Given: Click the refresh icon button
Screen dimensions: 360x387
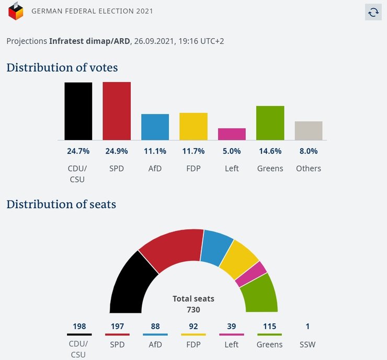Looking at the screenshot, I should tap(373, 13).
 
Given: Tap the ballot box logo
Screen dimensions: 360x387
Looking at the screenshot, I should tap(16, 11).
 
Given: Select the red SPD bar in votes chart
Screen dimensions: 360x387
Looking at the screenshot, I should tap(117, 111).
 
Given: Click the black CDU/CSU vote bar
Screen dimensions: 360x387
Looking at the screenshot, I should tap(78, 111).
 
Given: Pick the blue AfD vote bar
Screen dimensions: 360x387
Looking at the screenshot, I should tap(155, 127).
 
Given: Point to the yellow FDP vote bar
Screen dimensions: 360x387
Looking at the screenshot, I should tap(193, 126).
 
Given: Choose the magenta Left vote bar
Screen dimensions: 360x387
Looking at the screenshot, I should tap(232, 134).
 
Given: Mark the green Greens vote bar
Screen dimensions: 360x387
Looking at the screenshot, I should tap(270, 123).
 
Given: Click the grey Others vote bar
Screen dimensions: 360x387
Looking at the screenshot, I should tap(309, 131).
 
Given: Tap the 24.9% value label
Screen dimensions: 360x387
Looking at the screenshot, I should tap(117, 152).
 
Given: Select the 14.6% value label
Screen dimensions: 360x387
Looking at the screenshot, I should tap(270, 152).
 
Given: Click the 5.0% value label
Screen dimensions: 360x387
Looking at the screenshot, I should tap(232, 152).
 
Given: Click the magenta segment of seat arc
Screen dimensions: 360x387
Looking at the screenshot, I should tap(251, 274).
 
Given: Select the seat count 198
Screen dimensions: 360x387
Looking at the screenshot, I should tap(79, 327).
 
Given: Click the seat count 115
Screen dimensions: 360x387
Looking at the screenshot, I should tap(270, 327).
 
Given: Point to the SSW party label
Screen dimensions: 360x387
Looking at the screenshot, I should tap(308, 345).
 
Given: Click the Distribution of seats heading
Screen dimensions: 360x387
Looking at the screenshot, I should tap(61, 204).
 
